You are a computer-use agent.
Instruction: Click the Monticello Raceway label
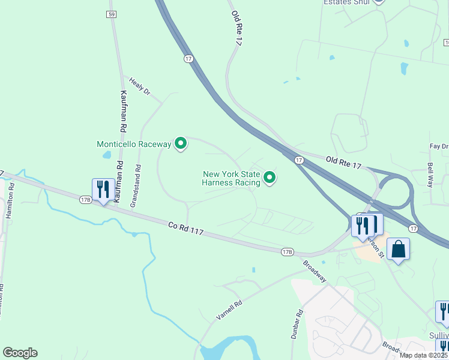point(134,144)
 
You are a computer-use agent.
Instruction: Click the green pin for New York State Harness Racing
point(270,177)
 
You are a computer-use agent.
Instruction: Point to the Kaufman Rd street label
point(123,111)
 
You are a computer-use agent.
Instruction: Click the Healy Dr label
point(139,89)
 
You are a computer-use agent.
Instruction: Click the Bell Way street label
point(430,174)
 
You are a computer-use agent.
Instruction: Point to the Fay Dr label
point(439,146)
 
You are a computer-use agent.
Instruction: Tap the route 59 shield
point(112,14)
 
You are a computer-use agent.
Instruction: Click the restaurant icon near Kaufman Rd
point(103,190)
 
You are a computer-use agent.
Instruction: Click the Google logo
point(20,353)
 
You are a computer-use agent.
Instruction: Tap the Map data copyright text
point(424,355)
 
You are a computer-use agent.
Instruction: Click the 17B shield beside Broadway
point(287,252)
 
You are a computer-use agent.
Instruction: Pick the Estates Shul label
point(346,2)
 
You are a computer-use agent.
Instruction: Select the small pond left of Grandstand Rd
point(107,155)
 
